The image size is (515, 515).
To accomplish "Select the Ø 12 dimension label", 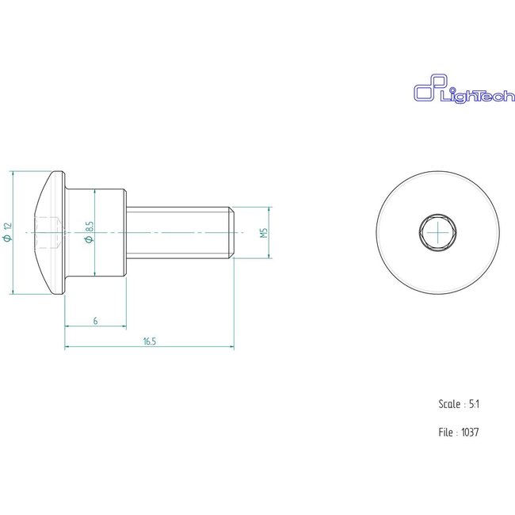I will pyautogui.click(x=8, y=233).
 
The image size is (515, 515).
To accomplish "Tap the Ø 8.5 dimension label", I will pyautogui.click(x=90, y=233).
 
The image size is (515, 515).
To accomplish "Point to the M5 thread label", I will pyautogui.click(x=264, y=233).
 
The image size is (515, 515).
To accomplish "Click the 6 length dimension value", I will pyautogui.click(x=95, y=321).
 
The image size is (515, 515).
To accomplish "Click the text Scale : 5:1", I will pyautogui.click(x=459, y=404).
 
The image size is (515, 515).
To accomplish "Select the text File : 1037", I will pyautogui.click(x=459, y=433).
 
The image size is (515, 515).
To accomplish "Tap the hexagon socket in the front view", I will pyautogui.click(x=437, y=232).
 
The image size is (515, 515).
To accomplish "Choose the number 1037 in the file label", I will pyautogui.click(x=469, y=433).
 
